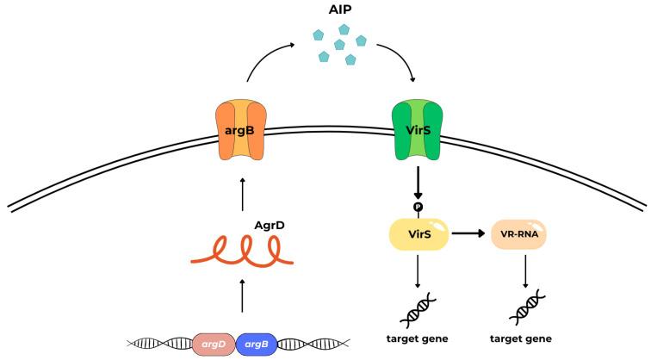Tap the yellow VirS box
click(418, 233)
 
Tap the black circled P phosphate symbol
click(418, 206)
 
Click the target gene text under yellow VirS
click(418, 338)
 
